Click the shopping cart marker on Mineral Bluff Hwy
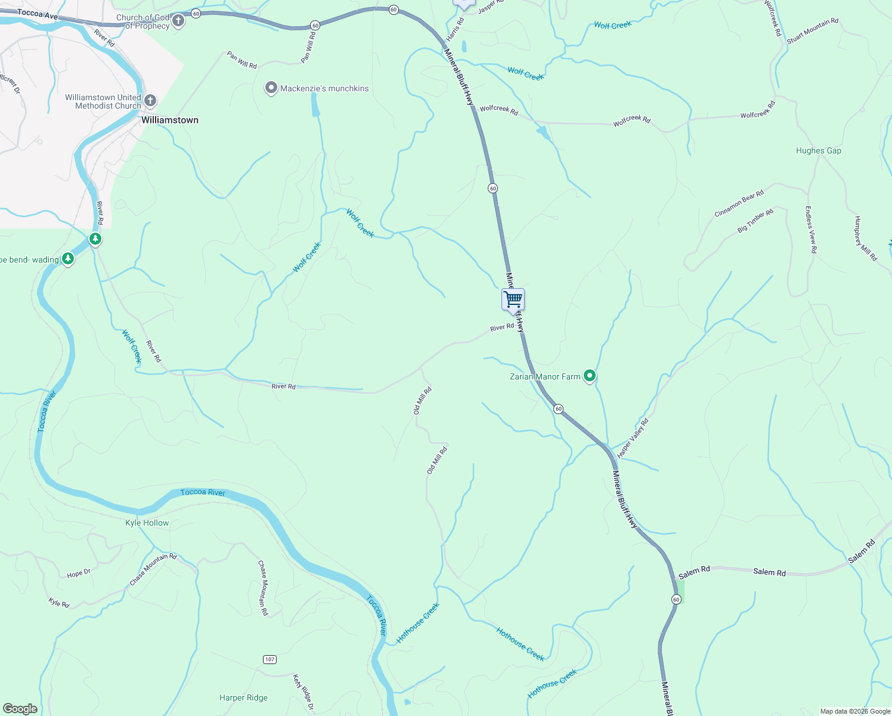[513, 300]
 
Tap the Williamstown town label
[170, 120]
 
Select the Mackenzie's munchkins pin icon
[271, 88]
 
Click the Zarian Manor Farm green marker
[590, 376]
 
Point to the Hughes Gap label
[819, 151]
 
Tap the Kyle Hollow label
[147, 523]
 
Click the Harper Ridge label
[243, 698]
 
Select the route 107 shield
[270, 659]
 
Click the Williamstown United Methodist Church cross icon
[150, 101]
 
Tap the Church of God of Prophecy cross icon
[178, 22]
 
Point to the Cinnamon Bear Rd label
[739, 204]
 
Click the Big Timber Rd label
[755, 220]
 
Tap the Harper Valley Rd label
[633, 439]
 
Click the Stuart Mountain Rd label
[812, 31]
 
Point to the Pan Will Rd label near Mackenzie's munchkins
[242, 60]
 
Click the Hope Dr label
[79, 573]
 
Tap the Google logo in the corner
[20, 709]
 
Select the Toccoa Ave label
[37, 14]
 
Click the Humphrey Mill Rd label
[866, 239]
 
